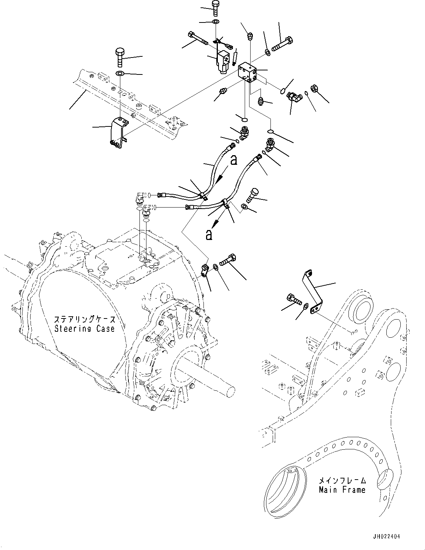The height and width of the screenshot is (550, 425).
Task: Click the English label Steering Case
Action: pyautogui.click(x=84, y=328)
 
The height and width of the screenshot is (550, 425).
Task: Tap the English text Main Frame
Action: pyautogui.click(x=342, y=490)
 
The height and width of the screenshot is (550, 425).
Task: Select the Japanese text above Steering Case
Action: pyautogui.click(x=85, y=319)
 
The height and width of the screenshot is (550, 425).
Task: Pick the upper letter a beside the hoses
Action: pyautogui.click(x=233, y=160)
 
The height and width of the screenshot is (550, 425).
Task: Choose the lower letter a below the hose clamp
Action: pyautogui.click(x=209, y=235)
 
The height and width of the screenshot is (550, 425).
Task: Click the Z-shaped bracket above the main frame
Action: pyautogui.click(x=313, y=291)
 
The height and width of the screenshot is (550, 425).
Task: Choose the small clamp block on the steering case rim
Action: pyautogui.click(x=205, y=269)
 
